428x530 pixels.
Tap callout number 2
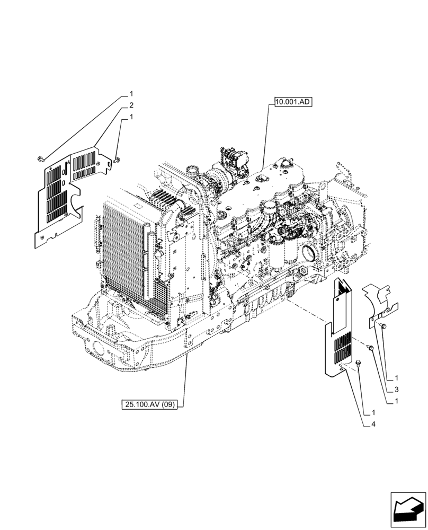coord(131,105)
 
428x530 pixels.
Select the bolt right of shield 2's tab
coord(117,158)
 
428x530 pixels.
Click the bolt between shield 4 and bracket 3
coord(370,347)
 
